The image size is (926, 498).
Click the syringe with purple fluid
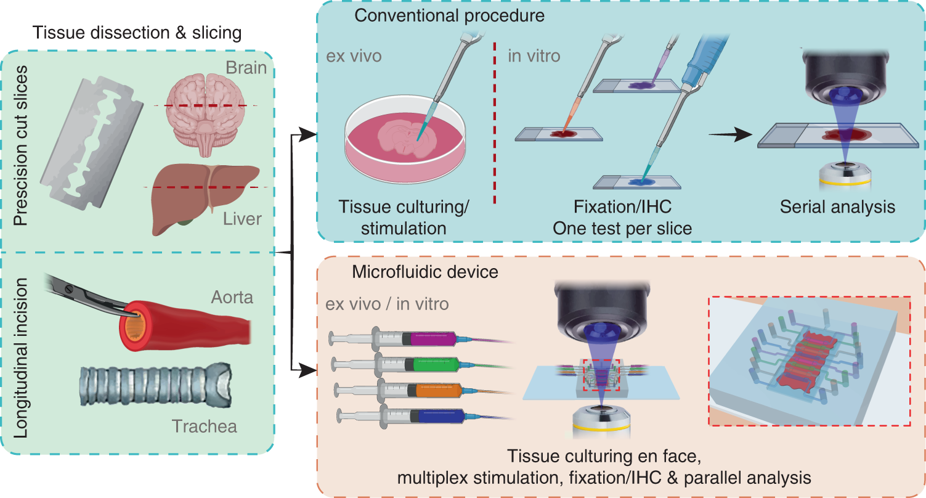tap(394, 339)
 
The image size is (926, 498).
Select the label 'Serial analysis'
tap(837, 207)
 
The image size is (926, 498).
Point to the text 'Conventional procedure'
tap(450, 15)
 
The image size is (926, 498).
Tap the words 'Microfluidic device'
tap(425, 271)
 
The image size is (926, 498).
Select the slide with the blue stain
tap(641, 182)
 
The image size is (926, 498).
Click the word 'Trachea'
tap(204, 426)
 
